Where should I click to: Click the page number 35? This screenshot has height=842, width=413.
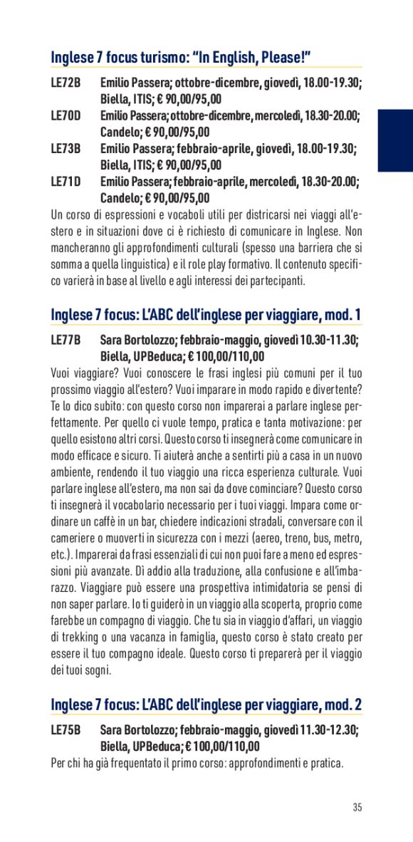pyautogui.click(x=357, y=807)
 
